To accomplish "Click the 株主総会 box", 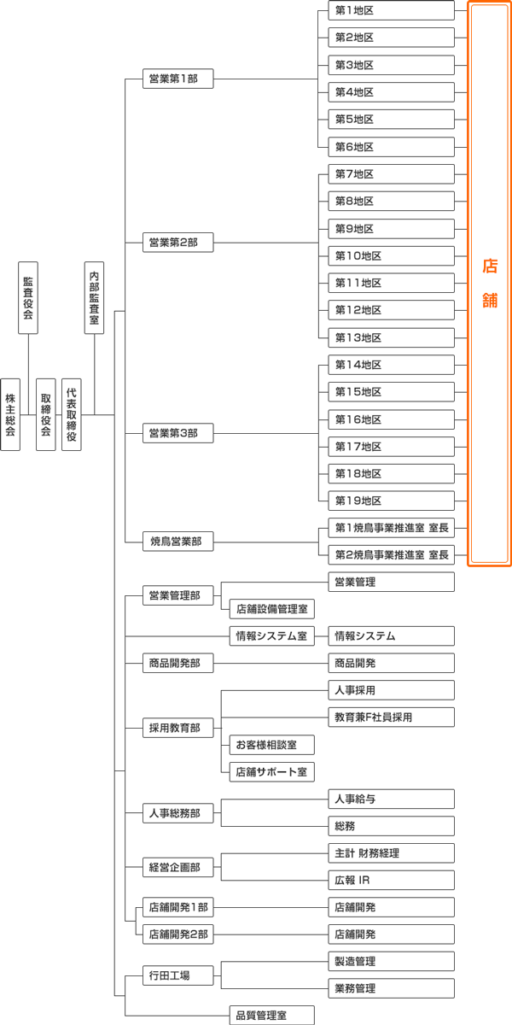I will point(10,414).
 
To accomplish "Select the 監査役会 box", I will point(28,297).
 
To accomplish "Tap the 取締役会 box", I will point(46,414).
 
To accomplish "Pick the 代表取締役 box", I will point(72,414).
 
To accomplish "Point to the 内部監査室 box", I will point(94,297).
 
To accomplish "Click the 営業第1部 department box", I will point(177,79).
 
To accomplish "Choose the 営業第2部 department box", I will point(177,243).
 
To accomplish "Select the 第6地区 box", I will point(391,147).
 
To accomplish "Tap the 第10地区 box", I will point(391,255).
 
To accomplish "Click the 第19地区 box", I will point(391,501).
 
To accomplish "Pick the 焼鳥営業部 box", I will point(177,541).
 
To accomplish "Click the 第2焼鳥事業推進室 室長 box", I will point(391,554).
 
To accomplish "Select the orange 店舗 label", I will point(489,283).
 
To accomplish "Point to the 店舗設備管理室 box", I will point(271,609).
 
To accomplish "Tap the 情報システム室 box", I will point(271,635).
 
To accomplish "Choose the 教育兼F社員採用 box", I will point(391,717).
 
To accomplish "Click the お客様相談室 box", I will point(271,745).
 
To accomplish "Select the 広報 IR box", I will point(391,880).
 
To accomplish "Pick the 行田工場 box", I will point(177,975).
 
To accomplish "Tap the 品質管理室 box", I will point(271,1016).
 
